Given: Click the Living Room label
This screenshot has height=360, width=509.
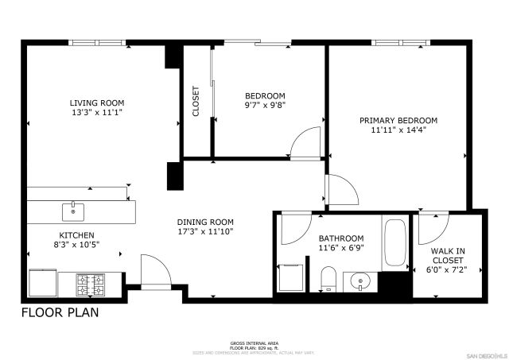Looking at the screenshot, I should (x=96, y=103).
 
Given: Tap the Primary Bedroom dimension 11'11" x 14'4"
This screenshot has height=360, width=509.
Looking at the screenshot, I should (x=398, y=131).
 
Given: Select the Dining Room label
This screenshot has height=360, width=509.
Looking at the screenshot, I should (x=204, y=222).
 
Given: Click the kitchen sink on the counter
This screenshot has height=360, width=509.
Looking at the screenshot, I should (x=73, y=211).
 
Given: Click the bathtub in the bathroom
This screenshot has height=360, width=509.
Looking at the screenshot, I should (x=394, y=242).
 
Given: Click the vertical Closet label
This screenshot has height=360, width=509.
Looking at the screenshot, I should (x=196, y=102).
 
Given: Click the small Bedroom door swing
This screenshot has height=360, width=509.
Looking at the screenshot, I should (x=307, y=145).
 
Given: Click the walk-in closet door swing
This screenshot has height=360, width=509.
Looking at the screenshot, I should (x=430, y=229).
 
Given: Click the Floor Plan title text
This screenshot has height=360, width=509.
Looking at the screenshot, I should (x=60, y=312).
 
